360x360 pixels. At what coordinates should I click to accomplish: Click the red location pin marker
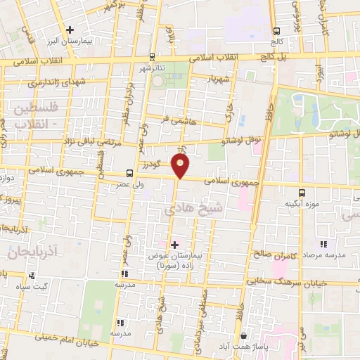pos(181,166)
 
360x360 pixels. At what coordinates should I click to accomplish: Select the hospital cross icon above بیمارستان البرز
pos(70,30)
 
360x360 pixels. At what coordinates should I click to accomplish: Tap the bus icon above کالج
pos(277,31)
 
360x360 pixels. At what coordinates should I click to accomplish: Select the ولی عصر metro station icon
pos(129,173)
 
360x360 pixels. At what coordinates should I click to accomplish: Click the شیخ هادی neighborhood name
pos(184,210)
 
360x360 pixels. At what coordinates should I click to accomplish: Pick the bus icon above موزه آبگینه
pos(302,191)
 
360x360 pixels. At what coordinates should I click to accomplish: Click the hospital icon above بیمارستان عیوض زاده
pos(174,244)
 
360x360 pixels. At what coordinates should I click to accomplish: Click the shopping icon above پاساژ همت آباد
pos(243,337)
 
